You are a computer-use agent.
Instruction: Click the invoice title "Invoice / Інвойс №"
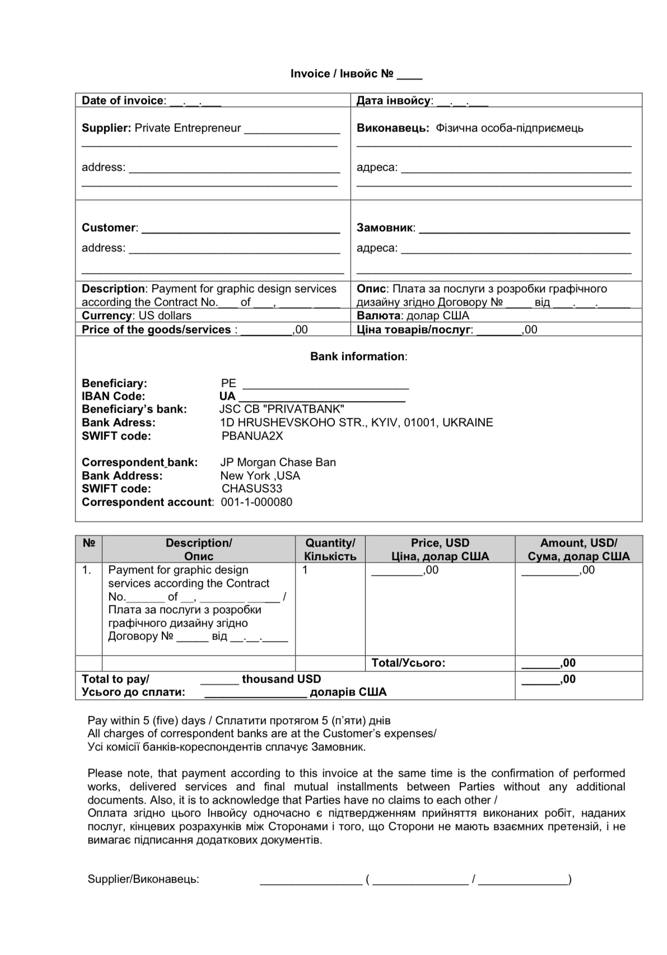click(x=342, y=74)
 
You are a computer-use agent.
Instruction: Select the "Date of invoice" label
click(x=123, y=101)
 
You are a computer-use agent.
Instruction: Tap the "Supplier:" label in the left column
click(x=106, y=128)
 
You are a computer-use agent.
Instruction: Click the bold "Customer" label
click(x=109, y=228)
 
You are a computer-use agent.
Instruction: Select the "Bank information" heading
click(x=358, y=357)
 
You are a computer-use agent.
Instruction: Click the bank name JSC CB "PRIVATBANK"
click(x=281, y=409)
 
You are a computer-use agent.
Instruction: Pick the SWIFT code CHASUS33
click(x=252, y=489)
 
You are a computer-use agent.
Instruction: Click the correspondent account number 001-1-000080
click(x=256, y=502)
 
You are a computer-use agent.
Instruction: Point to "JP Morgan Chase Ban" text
click(x=278, y=463)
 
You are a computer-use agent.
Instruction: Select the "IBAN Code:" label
click(x=113, y=397)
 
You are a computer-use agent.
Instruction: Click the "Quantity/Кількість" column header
click(x=330, y=549)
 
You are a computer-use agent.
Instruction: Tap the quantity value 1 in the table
click(x=305, y=570)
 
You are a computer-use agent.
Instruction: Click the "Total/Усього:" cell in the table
click(x=408, y=663)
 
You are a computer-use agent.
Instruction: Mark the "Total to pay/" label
click(x=115, y=679)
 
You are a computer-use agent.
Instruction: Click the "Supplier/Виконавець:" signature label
click(x=143, y=879)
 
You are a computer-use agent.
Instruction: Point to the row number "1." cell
click(x=87, y=570)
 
